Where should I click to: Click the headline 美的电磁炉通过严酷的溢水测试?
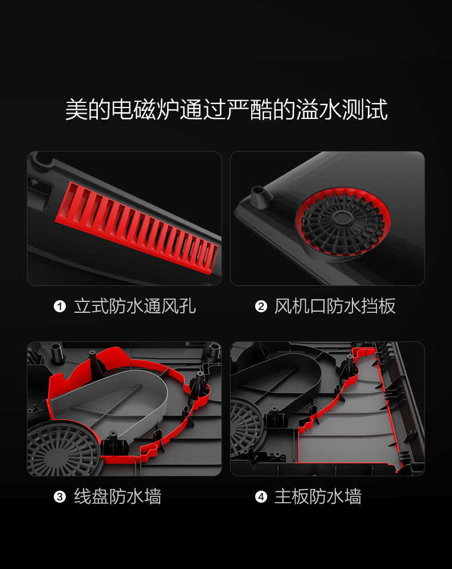(x=226, y=109)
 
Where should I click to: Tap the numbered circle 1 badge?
(x=60, y=307)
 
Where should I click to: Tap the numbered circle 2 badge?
(x=261, y=307)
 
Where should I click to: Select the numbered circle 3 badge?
(x=60, y=496)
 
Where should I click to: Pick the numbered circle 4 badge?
(x=261, y=496)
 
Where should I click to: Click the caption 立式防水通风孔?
(x=135, y=307)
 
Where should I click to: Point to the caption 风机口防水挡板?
(x=335, y=307)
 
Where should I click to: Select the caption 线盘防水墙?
(x=118, y=496)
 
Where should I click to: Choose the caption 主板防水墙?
(x=318, y=496)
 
